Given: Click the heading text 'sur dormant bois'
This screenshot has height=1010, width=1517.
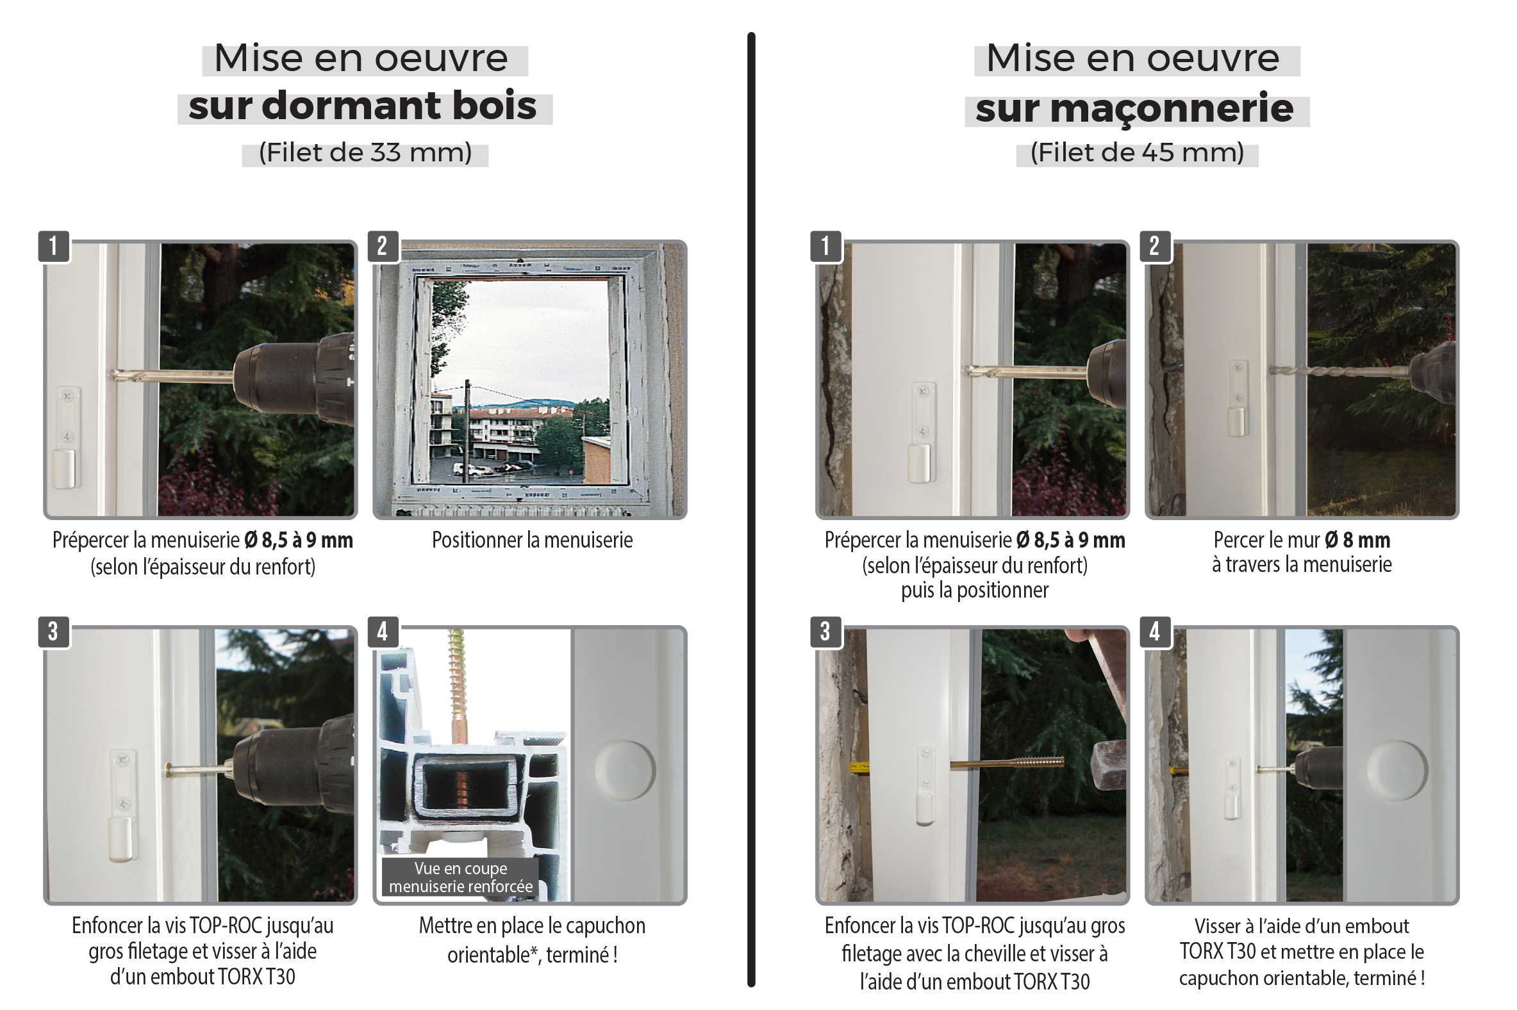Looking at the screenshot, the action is pos(362,106).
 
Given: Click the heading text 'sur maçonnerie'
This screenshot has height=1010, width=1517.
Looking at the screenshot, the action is pos(1134,108).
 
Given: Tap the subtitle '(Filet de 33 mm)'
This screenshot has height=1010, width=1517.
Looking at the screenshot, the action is pos(365,152).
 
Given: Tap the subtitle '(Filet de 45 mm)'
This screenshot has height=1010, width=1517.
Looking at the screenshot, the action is pos(1137,152).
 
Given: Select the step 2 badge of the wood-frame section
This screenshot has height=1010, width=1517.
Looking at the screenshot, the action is pos(383,246).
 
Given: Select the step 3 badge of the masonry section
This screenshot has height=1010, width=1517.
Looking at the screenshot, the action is pos(825,632).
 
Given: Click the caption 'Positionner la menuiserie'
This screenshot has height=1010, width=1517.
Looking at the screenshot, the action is pos(532,540).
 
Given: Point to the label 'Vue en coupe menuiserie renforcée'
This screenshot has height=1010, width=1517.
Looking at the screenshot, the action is pos(460,877).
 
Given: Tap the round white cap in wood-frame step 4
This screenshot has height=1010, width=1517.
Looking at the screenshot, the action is pos(624,770).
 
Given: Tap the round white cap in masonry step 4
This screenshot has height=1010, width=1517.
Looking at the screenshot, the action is pos(1397,770).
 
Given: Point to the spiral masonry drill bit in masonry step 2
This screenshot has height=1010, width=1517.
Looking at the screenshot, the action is pos(1339,371).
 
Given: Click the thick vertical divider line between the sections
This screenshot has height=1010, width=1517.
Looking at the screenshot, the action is pos(750,509).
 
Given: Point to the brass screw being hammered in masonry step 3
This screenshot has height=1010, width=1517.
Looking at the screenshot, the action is pos(1007,763).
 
